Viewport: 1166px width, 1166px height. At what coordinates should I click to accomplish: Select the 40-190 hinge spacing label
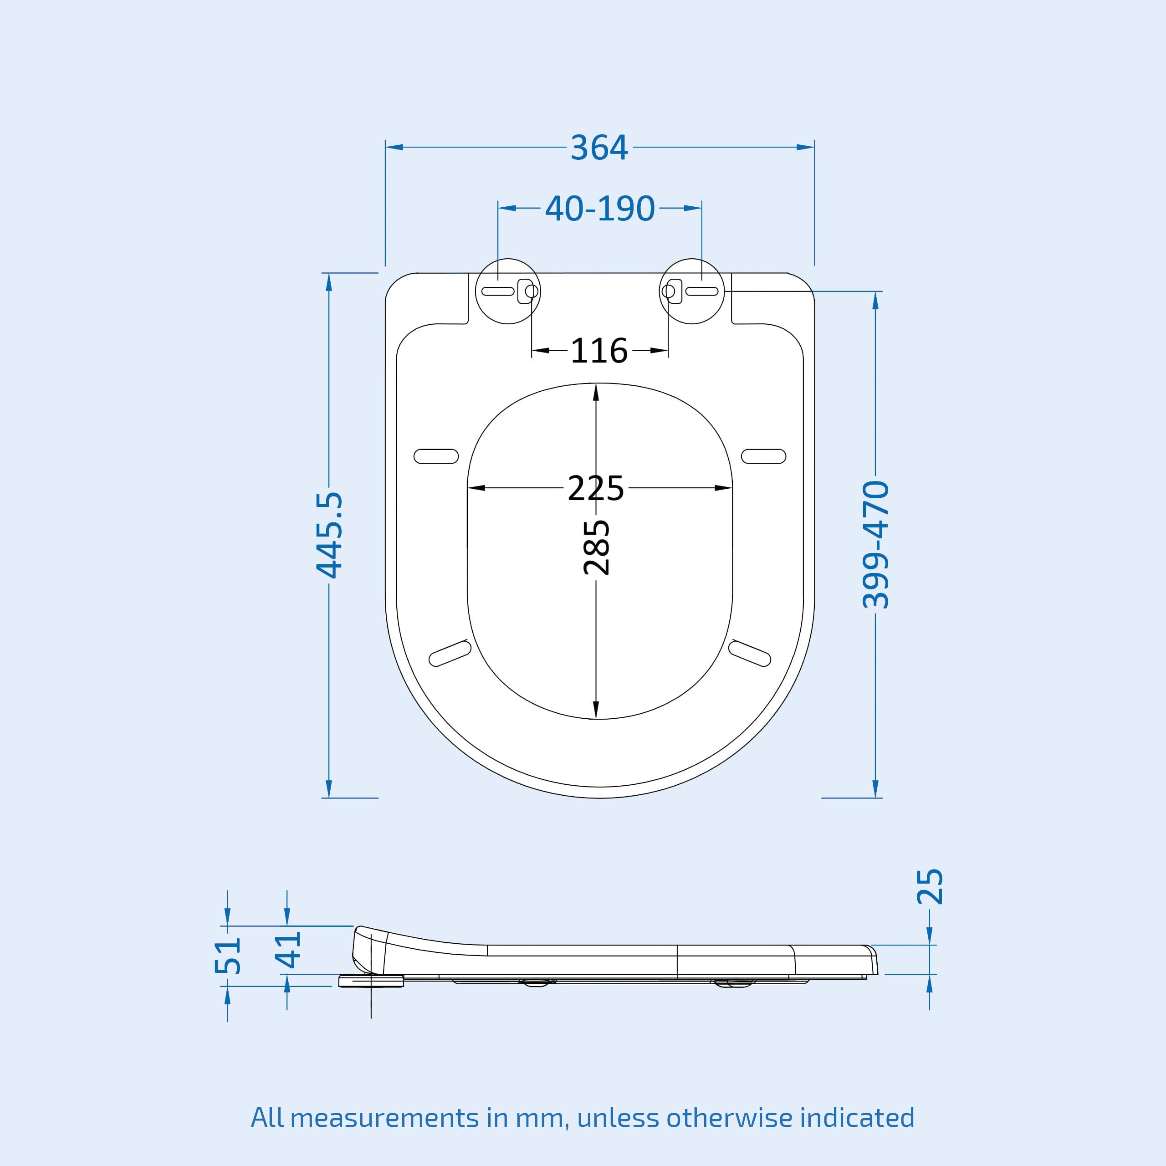click(x=599, y=209)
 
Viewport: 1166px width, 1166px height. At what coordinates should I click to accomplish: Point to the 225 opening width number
click(x=596, y=488)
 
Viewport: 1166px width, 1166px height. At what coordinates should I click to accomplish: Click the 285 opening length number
click(x=596, y=547)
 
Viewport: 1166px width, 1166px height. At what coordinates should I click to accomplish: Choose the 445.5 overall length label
click(x=329, y=535)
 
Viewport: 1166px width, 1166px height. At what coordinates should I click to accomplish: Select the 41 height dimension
click(x=287, y=949)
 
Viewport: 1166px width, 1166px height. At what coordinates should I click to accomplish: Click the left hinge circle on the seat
click(x=508, y=291)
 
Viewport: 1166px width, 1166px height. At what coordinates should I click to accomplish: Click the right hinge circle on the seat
click(x=692, y=291)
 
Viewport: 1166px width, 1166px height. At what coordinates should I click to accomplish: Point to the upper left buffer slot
click(x=436, y=456)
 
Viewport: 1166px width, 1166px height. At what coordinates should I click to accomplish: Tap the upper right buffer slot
click(x=763, y=456)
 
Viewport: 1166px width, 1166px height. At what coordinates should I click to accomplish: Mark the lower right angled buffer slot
click(x=750, y=654)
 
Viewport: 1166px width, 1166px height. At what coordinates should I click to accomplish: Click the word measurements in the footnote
click(x=385, y=1118)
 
